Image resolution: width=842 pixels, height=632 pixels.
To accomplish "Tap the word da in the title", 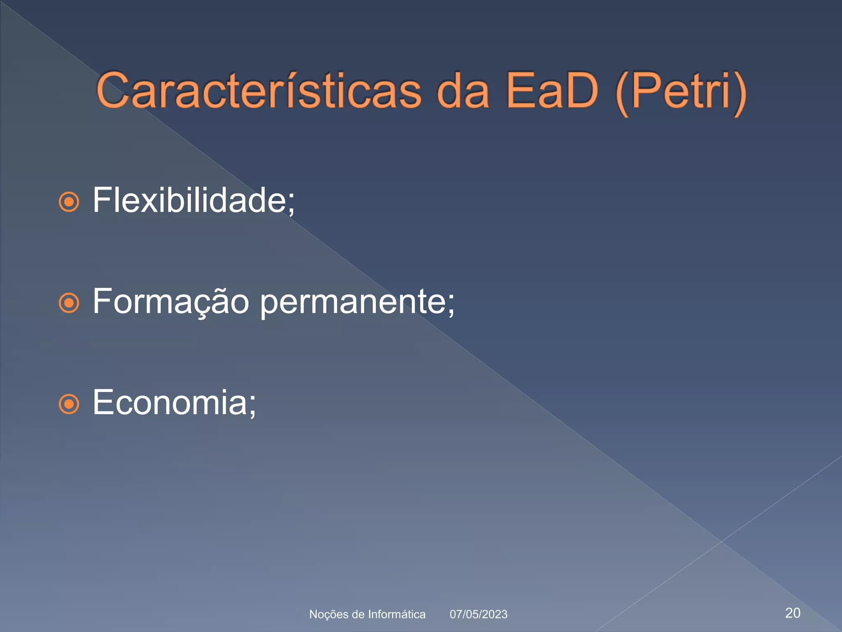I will click(x=463, y=91).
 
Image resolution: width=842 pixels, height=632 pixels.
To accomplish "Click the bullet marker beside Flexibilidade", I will click(x=69, y=202).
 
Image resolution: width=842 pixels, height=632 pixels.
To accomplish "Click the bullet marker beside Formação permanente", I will click(x=69, y=303).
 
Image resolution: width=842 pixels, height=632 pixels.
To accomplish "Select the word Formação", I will click(x=171, y=302).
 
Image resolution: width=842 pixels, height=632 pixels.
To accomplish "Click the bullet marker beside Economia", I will click(x=69, y=404).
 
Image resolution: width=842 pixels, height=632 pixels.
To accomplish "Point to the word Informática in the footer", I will click(x=397, y=614).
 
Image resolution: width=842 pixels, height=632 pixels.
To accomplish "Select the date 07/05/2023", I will click(x=479, y=614).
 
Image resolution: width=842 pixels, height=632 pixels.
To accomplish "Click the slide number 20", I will click(x=793, y=613).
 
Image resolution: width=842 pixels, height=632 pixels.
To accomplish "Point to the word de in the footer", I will click(x=358, y=614).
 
